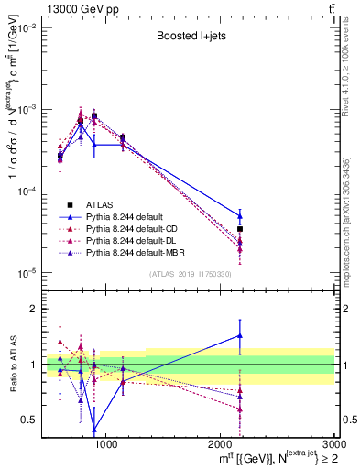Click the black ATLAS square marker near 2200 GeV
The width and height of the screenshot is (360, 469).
click(x=240, y=229)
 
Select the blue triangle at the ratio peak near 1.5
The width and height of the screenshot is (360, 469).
click(x=240, y=336)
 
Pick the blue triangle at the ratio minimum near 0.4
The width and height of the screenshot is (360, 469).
click(x=94, y=429)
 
